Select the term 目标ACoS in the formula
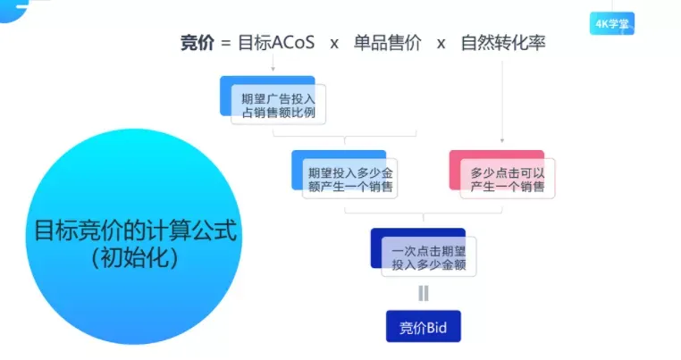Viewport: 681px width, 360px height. click(x=276, y=42)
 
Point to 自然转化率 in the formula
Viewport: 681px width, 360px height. click(x=502, y=42)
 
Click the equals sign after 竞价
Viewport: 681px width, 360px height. click(x=226, y=42)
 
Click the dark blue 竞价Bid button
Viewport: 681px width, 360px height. click(x=423, y=326)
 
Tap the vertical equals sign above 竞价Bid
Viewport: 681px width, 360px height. click(x=423, y=292)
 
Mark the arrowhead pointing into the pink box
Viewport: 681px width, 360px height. click(x=502, y=140)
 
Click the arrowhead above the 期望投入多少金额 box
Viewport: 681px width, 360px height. click(x=344, y=142)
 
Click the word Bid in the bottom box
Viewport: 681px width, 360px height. click(x=438, y=326)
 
